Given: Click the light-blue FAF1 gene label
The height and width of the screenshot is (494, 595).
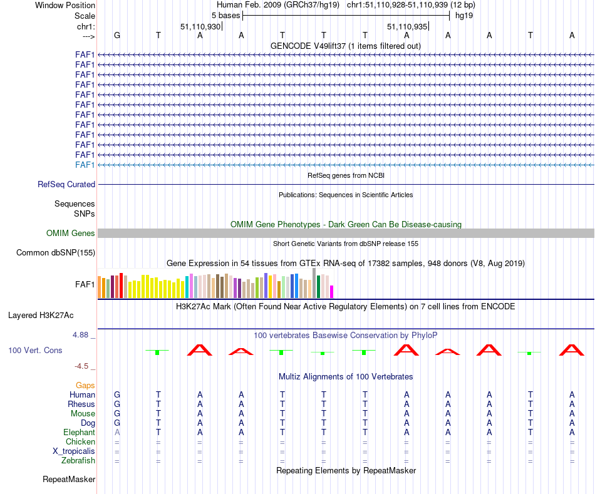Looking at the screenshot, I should tap(85, 165).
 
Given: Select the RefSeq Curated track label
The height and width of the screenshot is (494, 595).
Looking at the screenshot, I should tap(66, 185).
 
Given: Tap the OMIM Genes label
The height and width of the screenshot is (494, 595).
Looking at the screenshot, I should tap(71, 234).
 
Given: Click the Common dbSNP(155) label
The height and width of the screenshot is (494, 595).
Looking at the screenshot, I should tap(56, 253).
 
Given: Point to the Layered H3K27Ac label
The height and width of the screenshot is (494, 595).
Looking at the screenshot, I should tap(41, 315).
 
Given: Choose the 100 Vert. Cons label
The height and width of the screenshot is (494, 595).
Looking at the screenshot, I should tap(35, 351).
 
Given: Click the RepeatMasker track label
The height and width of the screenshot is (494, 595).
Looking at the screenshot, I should tap(69, 480).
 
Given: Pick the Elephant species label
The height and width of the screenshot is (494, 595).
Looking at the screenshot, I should tap(79, 433).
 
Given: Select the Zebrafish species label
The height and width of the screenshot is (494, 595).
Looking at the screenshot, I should tap(78, 461).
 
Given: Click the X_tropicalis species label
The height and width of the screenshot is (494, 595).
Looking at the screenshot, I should tap(74, 451).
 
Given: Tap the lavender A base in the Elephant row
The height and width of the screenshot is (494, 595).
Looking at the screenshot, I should tap(116, 433).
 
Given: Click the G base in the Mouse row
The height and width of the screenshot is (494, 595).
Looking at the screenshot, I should tap(116, 414).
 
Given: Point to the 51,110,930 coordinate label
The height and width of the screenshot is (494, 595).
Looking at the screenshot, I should tap(200, 27).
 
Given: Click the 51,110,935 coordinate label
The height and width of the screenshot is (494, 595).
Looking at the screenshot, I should tap(407, 27).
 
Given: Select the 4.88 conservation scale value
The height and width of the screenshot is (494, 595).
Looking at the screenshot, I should tap(81, 335).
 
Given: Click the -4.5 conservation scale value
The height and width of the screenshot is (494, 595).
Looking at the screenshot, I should tap(83, 366).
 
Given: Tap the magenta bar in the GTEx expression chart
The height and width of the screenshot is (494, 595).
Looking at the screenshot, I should tap(332, 292).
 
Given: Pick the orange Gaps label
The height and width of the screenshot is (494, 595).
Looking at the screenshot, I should tap(85, 386).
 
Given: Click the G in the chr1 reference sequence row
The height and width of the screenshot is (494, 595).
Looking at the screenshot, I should tap(116, 35).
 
